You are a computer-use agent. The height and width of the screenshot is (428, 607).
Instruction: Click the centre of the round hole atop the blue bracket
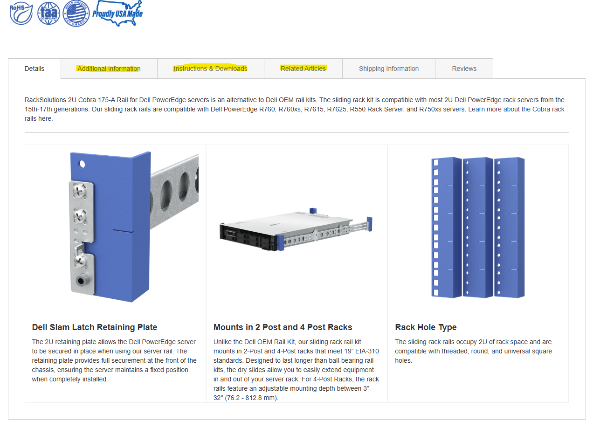click(x=82, y=164)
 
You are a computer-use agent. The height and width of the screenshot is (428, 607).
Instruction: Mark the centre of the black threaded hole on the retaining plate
click(x=81, y=281)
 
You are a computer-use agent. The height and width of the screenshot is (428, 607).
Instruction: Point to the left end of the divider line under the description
click(x=25, y=132)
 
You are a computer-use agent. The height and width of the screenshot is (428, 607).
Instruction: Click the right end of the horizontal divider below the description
click(x=569, y=132)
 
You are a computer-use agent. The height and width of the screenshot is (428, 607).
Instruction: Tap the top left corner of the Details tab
click(x=8, y=59)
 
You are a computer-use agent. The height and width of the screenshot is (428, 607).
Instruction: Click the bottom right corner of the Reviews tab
click(x=493, y=79)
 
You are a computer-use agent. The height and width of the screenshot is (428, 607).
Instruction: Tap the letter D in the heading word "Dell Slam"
click(x=34, y=327)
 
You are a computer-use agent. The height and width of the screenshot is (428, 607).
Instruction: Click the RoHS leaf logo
click(x=21, y=13)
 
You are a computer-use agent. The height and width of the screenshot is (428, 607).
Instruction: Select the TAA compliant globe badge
click(x=49, y=13)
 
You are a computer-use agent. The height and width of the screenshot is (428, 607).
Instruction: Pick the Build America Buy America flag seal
click(x=76, y=14)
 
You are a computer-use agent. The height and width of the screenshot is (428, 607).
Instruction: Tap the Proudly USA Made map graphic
click(x=117, y=13)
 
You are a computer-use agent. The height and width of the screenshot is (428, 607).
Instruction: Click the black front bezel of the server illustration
click(x=248, y=237)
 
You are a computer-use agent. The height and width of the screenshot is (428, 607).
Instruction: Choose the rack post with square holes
click(x=446, y=228)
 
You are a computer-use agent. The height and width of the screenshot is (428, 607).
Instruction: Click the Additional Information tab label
click(x=109, y=69)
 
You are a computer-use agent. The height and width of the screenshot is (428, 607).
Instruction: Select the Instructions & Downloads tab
click(x=211, y=69)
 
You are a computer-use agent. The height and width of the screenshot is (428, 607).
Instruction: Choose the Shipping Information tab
click(x=389, y=69)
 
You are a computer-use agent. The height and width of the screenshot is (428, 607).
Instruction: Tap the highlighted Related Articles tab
click(x=303, y=69)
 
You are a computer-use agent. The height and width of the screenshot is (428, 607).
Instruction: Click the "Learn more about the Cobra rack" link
click(x=516, y=109)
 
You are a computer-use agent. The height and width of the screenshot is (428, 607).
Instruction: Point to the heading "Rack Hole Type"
click(x=426, y=327)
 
